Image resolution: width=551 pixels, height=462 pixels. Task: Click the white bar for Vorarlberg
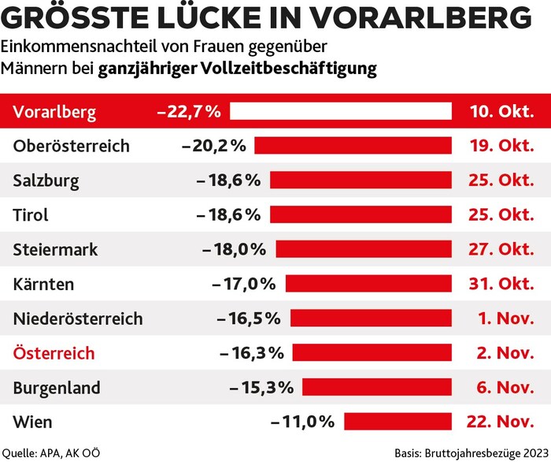pyautogui.click(x=341, y=112)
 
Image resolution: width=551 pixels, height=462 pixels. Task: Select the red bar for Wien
pyautogui.click(x=398, y=422)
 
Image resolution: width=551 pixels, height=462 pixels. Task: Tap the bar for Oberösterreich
pyautogui.click(x=353, y=146)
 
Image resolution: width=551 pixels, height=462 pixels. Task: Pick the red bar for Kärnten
pyautogui.click(x=368, y=284)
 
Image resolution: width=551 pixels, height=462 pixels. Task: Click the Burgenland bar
pyautogui.click(x=377, y=387)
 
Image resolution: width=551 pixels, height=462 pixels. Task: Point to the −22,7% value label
pyautogui.click(x=189, y=112)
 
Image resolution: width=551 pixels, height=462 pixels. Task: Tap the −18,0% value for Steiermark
pyautogui.click(x=235, y=249)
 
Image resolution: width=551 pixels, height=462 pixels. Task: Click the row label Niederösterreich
pyautogui.click(x=78, y=319)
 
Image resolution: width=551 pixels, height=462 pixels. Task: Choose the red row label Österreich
pyautogui.click(x=54, y=352)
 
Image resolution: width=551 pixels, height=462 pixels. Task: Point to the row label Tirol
pyautogui.click(x=31, y=215)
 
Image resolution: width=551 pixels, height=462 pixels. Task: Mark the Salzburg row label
pyautogui.click(x=46, y=181)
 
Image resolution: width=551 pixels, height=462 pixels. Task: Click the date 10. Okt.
pyautogui.click(x=501, y=112)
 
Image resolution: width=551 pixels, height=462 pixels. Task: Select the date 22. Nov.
pyautogui.click(x=501, y=422)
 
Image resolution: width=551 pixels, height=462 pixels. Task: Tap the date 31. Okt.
pyautogui.click(x=501, y=284)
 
